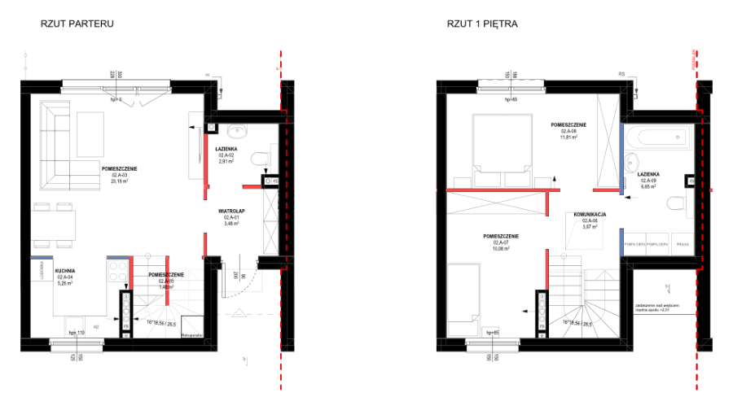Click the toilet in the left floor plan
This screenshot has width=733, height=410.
(x=262, y=159)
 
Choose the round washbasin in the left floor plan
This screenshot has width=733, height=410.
(x=238, y=131)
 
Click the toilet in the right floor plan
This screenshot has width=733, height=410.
(x=678, y=203)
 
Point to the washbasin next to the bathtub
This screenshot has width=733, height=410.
(x=631, y=162)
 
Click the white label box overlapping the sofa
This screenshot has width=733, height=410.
(x=119, y=177)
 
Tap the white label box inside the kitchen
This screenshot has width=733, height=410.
(x=65, y=280)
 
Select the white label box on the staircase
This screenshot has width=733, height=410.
(x=166, y=283)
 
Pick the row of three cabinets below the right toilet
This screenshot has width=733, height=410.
(x=658, y=243)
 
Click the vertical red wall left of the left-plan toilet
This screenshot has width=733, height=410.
(x=205, y=166)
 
